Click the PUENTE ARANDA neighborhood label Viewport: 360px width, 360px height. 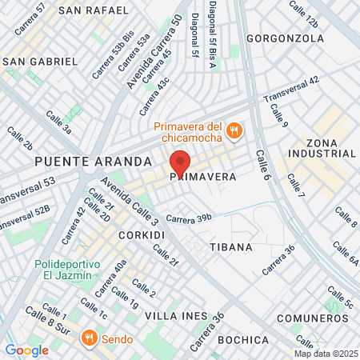[93, 161]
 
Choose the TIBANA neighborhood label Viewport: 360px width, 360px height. [230, 247]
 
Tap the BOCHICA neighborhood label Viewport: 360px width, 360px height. [241, 340]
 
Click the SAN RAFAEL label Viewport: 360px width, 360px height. [93, 10]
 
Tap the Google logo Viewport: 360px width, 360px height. [26, 350]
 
